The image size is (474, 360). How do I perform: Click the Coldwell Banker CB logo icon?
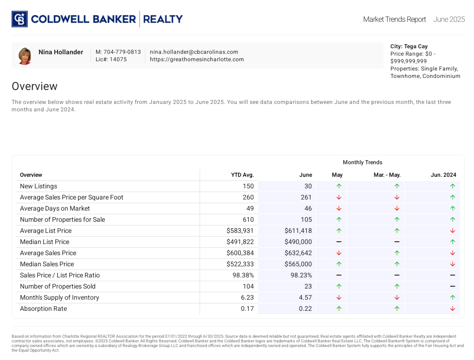click(x=19, y=19)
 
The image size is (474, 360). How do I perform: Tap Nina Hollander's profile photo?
click(x=25, y=56)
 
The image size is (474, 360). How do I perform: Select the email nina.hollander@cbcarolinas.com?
click(x=194, y=52)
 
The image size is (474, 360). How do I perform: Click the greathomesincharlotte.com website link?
click(x=197, y=59)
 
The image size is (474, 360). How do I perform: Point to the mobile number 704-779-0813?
click(x=118, y=52)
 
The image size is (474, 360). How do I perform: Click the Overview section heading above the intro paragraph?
click(x=34, y=86)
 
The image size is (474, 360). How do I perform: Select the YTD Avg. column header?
click(x=242, y=175)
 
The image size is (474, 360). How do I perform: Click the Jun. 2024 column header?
click(x=443, y=175)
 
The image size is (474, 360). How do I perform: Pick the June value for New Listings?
click(x=308, y=186)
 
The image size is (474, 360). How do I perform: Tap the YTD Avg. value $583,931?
click(x=240, y=231)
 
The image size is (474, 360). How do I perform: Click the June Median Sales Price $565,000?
click(x=298, y=264)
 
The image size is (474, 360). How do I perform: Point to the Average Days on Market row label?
click(x=55, y=208)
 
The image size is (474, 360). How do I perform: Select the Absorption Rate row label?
click(x=43, y=309)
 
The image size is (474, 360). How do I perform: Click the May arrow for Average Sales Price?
click(x=339, y=253)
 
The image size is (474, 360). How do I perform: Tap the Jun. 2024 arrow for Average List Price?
click(x=453, y=231)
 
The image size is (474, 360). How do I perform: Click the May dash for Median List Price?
click(x=339, y=242)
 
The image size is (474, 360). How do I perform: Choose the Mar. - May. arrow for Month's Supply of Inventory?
click(x=397, y=297)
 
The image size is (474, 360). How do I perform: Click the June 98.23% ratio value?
click(x=301, y=275)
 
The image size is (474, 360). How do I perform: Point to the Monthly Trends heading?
click(x=363, y=162)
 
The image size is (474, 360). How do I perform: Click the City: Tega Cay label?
click(x=409, y=46)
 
